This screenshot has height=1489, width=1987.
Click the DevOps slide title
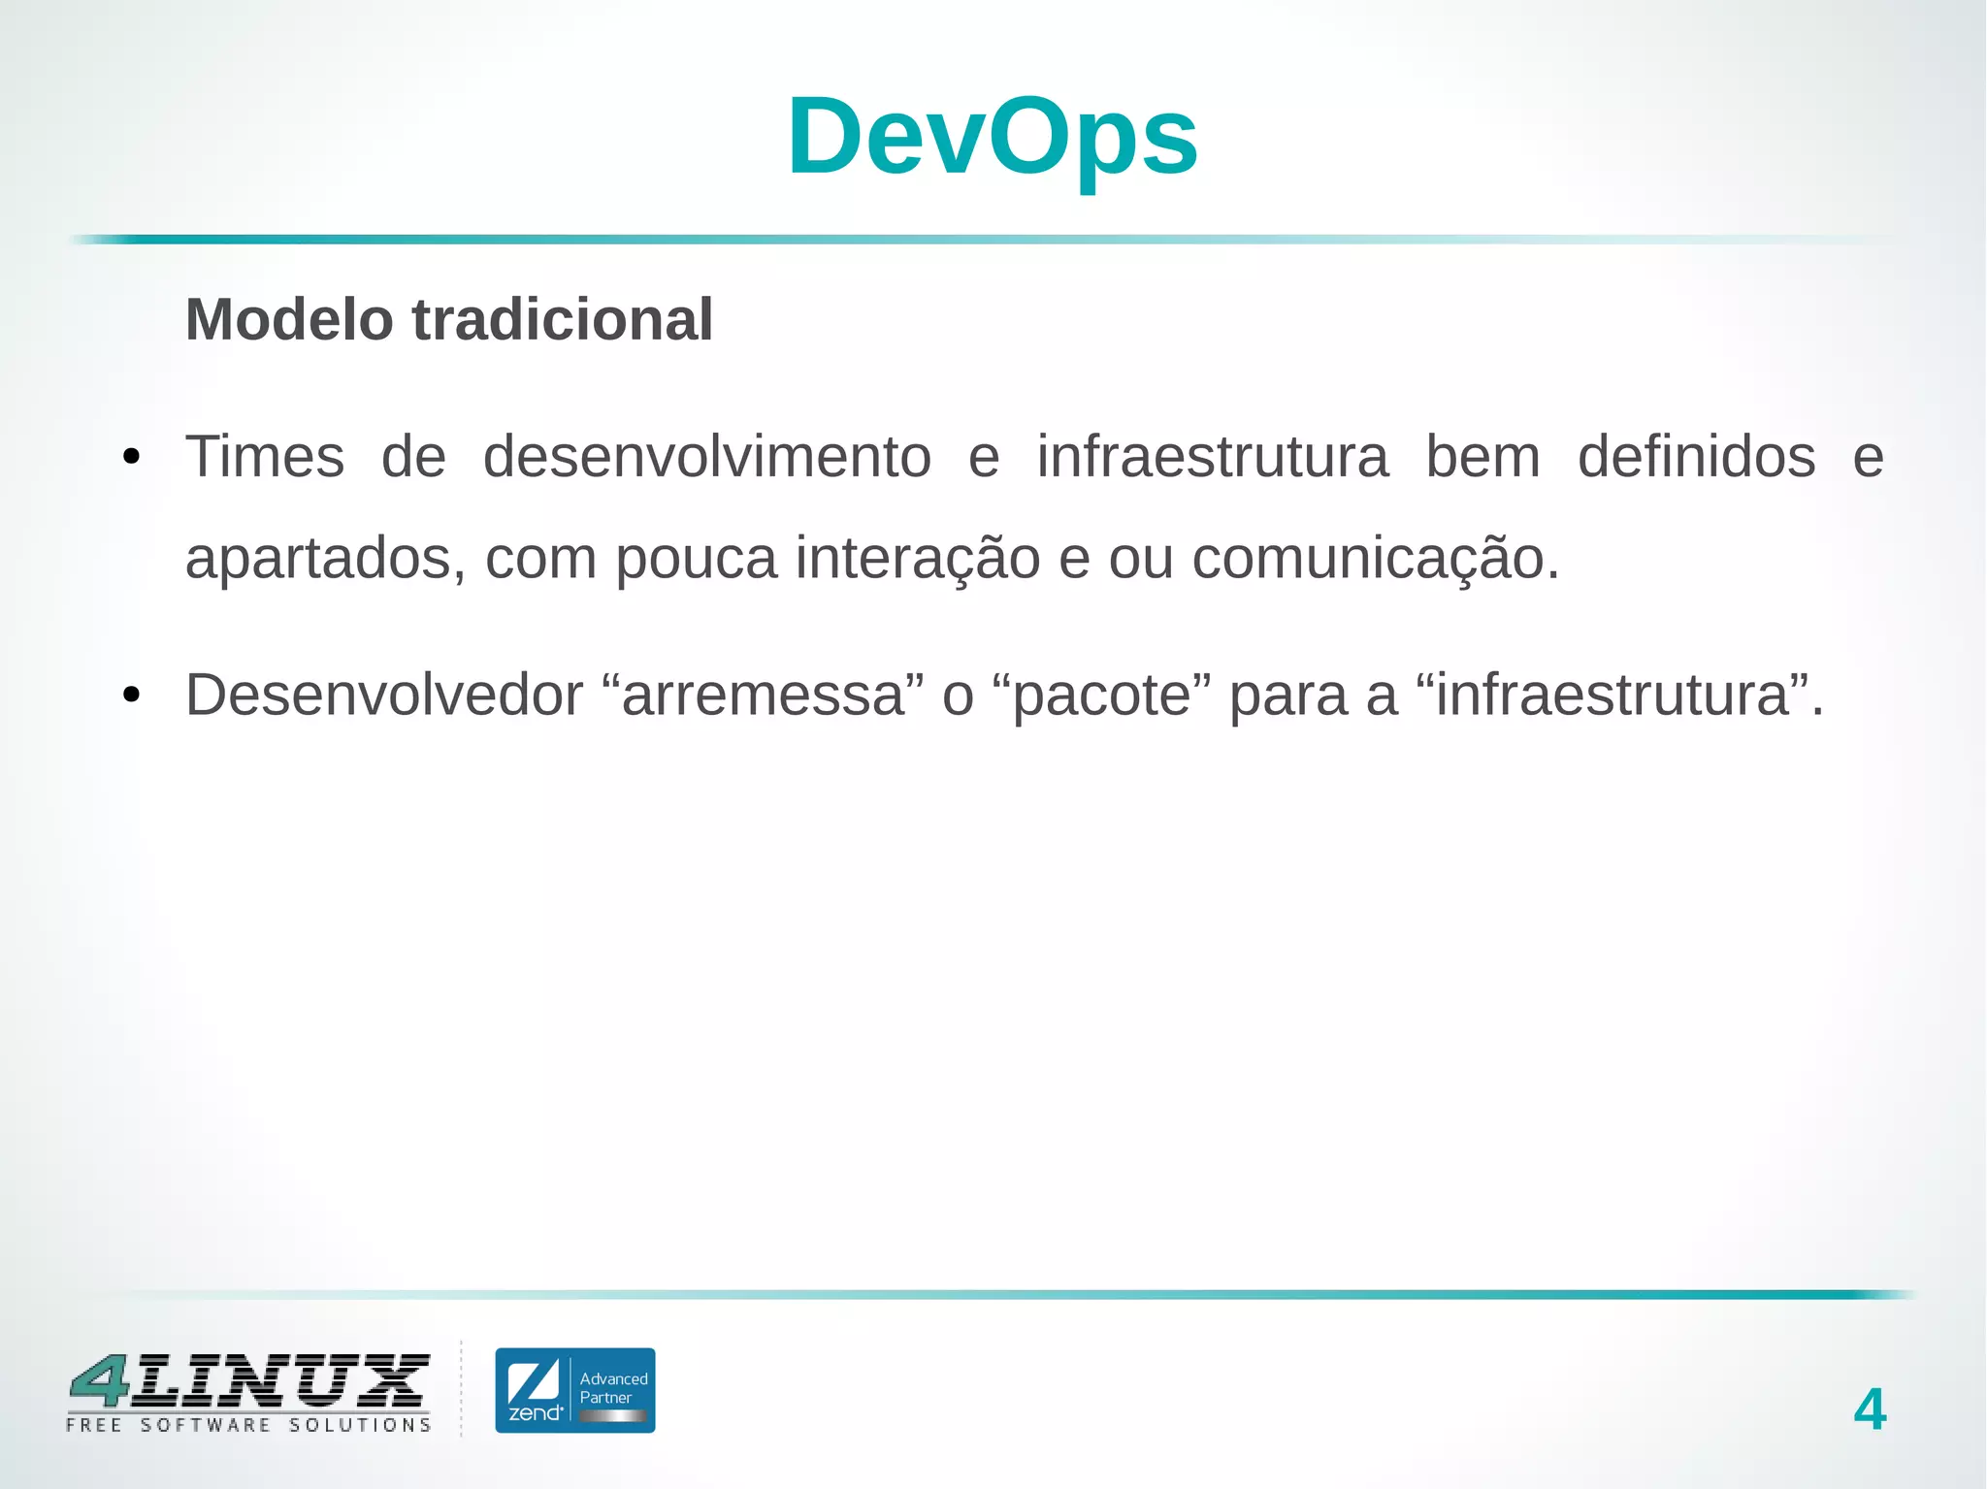click(x=993, y=138)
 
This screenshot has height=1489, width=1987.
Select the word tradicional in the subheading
click(x=563, y=320)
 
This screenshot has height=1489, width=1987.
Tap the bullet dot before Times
click(x=132, y=457)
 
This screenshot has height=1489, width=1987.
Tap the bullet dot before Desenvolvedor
click(x=132, y=696)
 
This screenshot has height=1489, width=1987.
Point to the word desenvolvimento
click(x=706, y=457)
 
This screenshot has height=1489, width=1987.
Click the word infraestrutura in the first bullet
click(x=1212, y=457)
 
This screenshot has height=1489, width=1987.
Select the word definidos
click(x=1696, y=457)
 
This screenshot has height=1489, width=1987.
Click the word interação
click(x=917, y=560)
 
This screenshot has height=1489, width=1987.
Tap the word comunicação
click(x=1375, y=560)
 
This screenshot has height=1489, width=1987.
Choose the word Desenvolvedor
click(x=384, y=696)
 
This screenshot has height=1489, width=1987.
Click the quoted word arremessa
click(x=763, y=696)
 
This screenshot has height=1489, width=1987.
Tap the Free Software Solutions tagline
click(x=248, y=1425)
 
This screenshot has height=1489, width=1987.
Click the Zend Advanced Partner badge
click(x=574, y=1390)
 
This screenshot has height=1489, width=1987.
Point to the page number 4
click(x=1870, y=1409)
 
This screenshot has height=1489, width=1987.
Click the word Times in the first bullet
click(x=265, y=457)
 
